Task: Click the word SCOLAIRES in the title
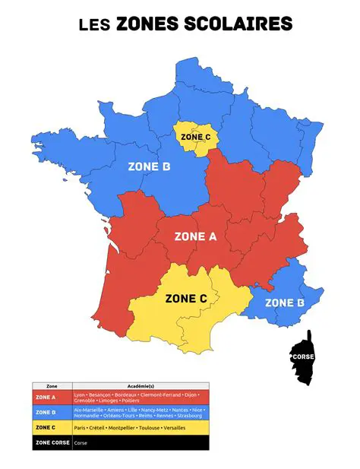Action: (243, 24)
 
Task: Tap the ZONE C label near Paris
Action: (196, 137)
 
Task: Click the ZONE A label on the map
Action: (196, 236)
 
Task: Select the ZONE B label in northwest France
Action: (149, 166)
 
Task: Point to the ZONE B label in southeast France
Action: (285, 303)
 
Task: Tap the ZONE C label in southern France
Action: (186, 299)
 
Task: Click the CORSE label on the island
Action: (304, 354)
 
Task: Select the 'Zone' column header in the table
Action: (52, 386)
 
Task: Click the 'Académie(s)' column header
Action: (140, 386)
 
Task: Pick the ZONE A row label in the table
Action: (46, 398)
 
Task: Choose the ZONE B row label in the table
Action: (46, 413)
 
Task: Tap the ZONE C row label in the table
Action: (46, 428)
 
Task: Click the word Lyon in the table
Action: (79, 395)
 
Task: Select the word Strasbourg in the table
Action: (190, 416)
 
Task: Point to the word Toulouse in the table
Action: (153, 428)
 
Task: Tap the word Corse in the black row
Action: (80, 442)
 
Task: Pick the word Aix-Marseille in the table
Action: (86, 410)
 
